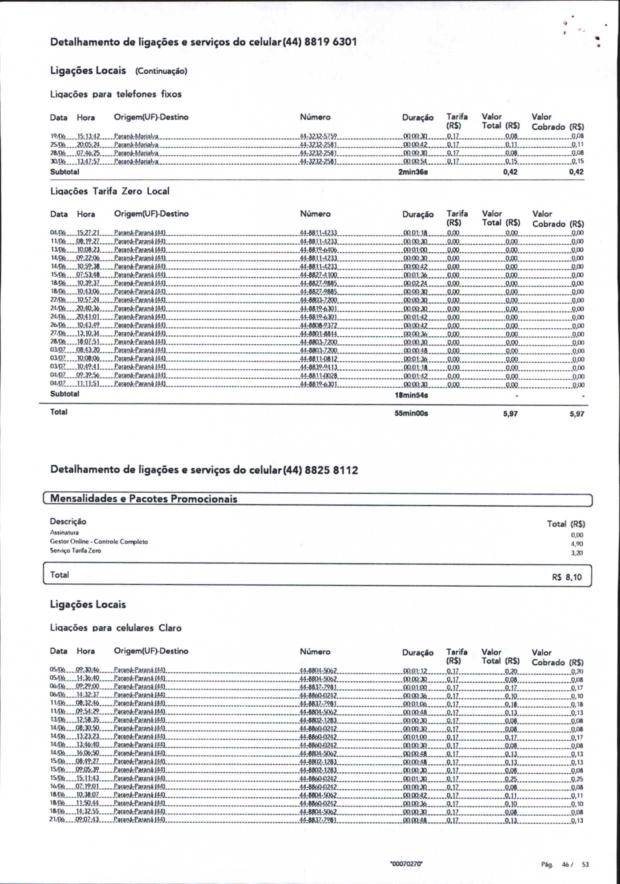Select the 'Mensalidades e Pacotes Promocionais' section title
143,499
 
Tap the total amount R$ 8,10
567,577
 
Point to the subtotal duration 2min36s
413,172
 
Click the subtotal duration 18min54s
411,395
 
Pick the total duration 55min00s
411,413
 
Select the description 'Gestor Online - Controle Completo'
98,541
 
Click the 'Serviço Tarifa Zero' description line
75,550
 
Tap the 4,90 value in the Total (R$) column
576,544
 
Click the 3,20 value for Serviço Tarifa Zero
576,553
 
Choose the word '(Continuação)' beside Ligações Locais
161,71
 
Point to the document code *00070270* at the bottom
406,864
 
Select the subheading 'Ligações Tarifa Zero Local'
110,191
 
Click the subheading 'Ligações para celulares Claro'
116,628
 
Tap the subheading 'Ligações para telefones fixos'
116,94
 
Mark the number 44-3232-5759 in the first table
318,136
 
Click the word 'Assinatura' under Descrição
64,532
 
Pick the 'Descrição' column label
68,521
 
